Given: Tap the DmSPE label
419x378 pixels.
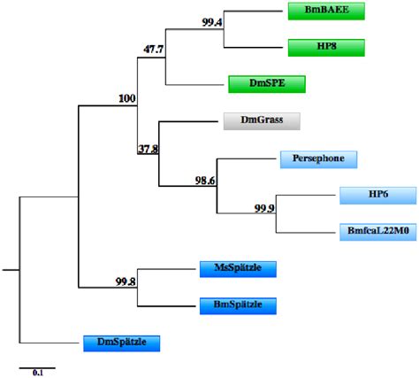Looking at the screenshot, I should pos(266,84).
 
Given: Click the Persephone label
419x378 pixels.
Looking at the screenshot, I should pos(319,159).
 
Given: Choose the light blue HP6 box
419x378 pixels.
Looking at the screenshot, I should pos(377,196).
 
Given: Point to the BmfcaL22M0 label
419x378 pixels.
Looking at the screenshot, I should pos(377,232).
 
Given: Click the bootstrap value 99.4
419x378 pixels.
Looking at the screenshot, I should pos(212,23).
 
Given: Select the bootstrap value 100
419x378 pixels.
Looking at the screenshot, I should pos(126,99).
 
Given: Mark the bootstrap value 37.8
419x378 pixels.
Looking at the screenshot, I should pos(148,149).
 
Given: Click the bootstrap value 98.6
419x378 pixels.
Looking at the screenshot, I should pos(205,180).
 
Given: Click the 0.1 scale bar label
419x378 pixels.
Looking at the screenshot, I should pos(38,374).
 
